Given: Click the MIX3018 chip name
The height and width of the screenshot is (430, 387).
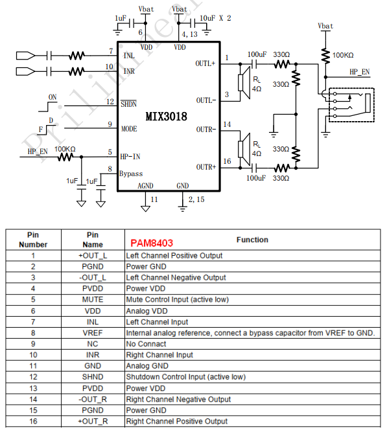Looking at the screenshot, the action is [x=166, y=117].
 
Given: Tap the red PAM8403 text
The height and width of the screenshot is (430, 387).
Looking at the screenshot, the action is [x=152, y=243].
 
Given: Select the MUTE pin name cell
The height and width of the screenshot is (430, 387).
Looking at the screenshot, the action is [x=93, y=299].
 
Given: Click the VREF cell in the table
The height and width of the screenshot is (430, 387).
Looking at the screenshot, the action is [x=93, y=333].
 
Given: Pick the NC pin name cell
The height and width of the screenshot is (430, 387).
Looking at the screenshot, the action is [x=93, y=344].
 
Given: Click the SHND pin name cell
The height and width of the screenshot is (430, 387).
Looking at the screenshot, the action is [x=93, y=377].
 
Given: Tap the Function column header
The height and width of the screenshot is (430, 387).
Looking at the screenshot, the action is [x=252, y=240].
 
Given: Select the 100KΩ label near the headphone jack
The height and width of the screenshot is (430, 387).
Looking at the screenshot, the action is [x=343, y=55].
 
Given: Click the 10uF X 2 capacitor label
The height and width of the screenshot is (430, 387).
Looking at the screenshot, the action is [x=215, y=18].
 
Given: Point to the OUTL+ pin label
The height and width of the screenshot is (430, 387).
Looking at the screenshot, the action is [x=205, y=63].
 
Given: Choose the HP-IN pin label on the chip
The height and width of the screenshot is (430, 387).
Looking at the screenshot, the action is [x=130, y=157].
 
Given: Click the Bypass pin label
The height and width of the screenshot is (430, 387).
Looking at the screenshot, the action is [x=131, y=174].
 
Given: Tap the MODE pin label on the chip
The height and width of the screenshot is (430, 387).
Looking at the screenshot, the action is [x=129, y=129].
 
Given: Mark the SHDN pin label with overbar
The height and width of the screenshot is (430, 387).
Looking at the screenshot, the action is [x=128, y=104].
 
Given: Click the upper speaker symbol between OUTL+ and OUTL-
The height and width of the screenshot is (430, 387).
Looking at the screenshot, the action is [x=244, y=82].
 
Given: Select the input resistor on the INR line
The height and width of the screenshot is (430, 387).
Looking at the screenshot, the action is [x=76, y=72].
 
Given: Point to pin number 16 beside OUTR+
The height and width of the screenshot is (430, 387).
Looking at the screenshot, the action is [x=227, y=161].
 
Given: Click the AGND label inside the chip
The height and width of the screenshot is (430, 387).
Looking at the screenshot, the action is [x=145, y=186].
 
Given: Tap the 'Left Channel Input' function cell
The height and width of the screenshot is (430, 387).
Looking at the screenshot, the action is [x=157, y=322].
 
